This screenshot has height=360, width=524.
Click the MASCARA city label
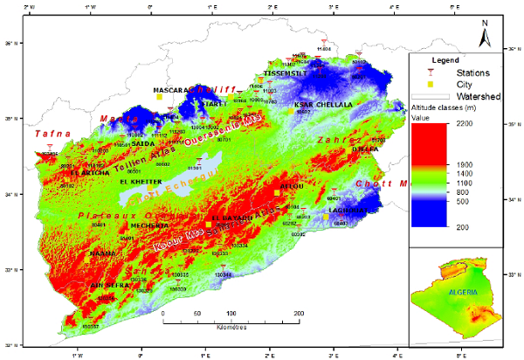pos(173,89)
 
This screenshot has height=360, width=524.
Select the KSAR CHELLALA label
pos(324,104)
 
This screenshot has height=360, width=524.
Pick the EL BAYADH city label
pos(232,217)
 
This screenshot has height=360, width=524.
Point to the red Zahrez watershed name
pos(341,140)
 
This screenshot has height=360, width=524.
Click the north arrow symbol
pos(485,36)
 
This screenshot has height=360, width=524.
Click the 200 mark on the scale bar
pos(298,312)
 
